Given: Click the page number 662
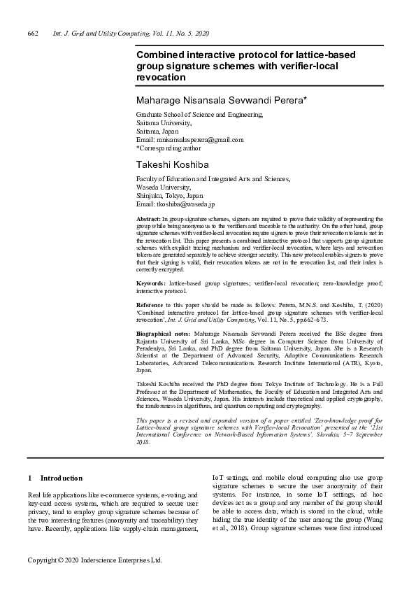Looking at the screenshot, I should pos(32,34).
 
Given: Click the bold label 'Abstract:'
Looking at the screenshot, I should pos(148,220).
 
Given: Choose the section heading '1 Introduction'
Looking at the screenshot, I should pos(55,478).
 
